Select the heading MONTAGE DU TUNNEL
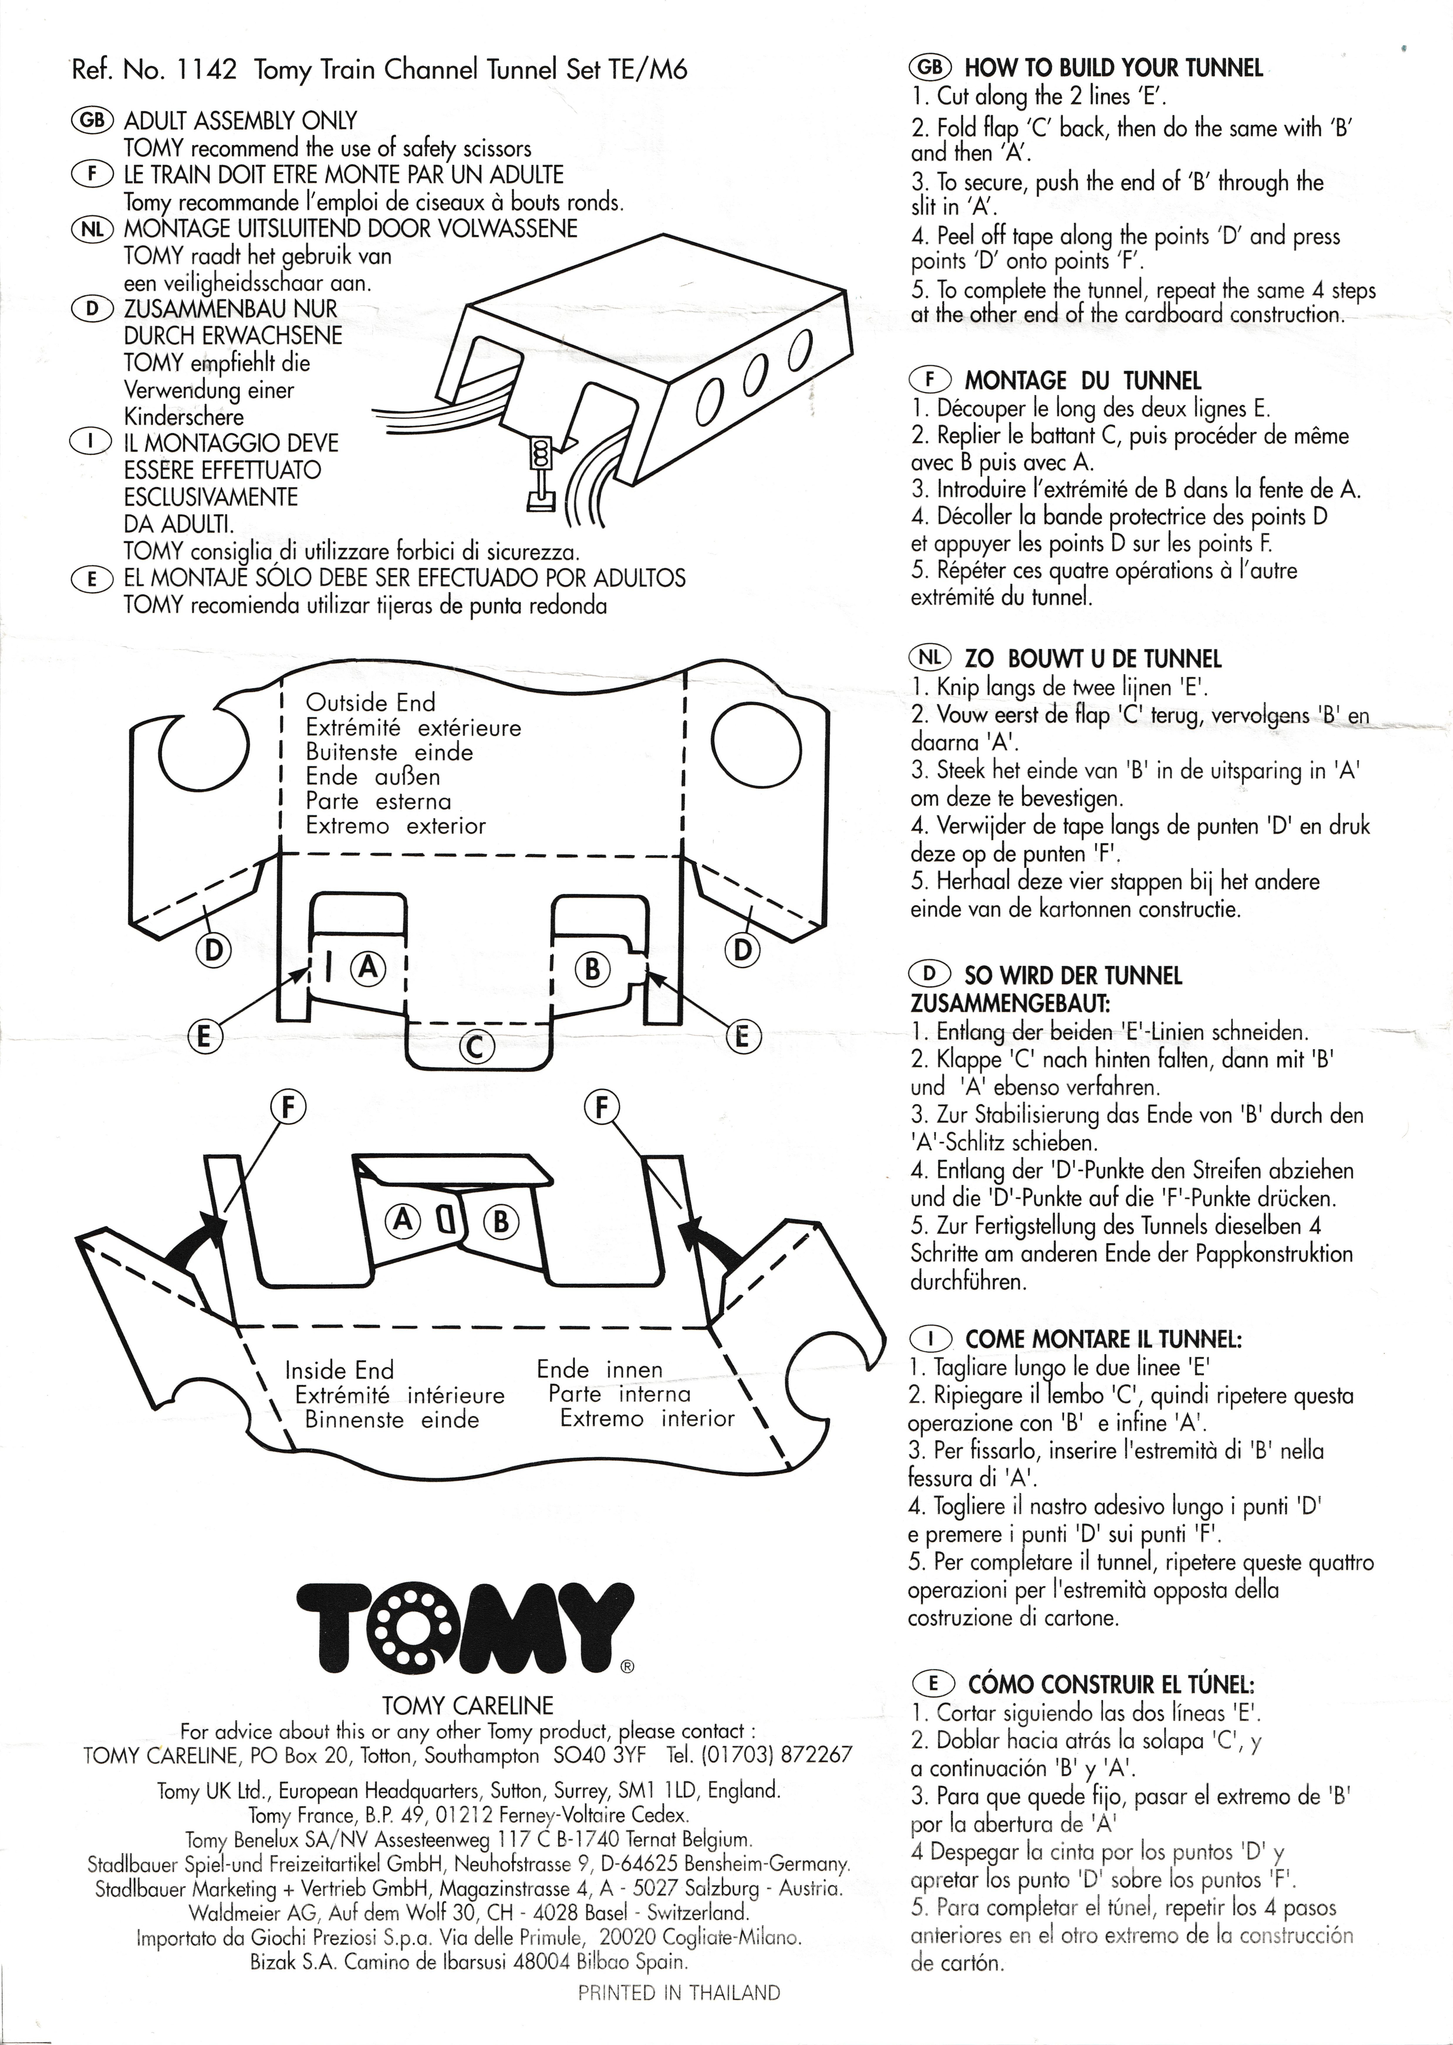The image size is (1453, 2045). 1083,381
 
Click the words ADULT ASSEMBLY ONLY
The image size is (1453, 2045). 240,121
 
